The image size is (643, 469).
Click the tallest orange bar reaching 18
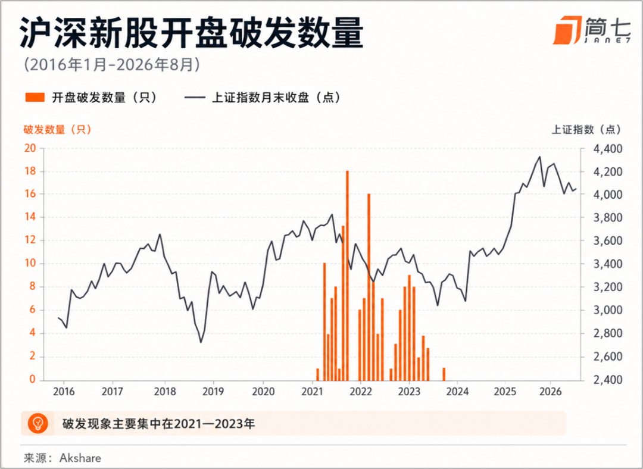pyautogui.click(x=347, y=275)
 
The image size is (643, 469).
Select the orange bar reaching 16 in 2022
pyautogui.click(x=369, y=286)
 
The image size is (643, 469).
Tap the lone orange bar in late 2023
pyautogui.click(x=444, y=374)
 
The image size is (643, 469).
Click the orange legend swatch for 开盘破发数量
pyautogui.click(x=35, y=98)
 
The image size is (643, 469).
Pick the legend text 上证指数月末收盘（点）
pyautogui.click(x=276, y=98)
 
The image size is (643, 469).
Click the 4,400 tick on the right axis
pyautogui.click(x=608, y=148)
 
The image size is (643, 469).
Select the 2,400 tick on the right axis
pyautogui.click(x=608, y=380)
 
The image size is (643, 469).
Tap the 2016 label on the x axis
pyautogui.click(x=64, y=392)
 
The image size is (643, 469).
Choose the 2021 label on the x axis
pyautogui.click(x=313, y=392)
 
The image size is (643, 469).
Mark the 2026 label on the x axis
pyautogui.click(x=550, y=392)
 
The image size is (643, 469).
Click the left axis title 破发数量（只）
pyautogui.click(x=57, y=130)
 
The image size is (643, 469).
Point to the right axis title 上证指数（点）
pyautogui.click(x=586, y=130)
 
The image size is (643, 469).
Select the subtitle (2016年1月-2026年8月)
pyautogui.click(x=111, y=65)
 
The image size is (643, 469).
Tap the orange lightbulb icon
pyautogui.click(x=38, y=423)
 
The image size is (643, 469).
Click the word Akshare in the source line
pyautogui.click(x=80, y=458)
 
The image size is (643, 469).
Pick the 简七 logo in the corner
pyautogui.click(x=592, y=30)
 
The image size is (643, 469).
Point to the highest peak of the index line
pyautogui.click(x=539, y=157)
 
